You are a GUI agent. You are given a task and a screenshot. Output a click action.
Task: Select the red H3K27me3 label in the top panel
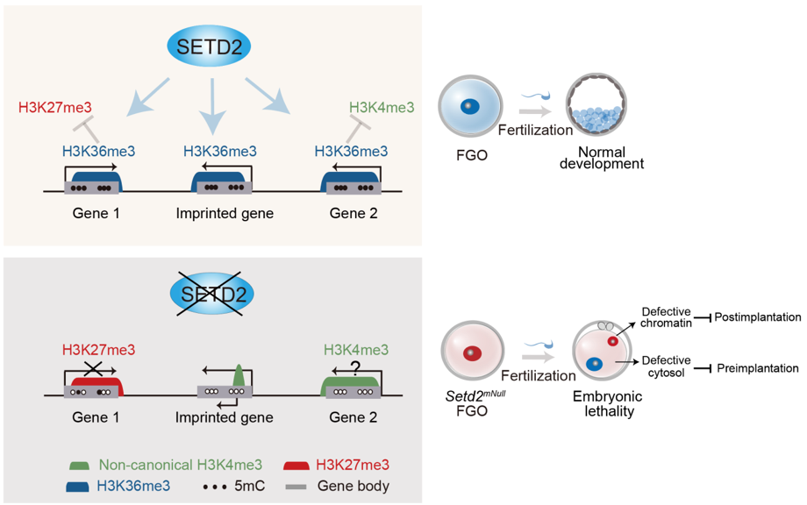pos(55,109)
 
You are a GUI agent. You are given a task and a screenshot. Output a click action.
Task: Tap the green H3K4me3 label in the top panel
pos(382,109)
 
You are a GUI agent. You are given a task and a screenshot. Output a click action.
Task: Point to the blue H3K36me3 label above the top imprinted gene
pos(220,151)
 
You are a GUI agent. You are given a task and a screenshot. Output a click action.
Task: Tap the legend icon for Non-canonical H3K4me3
pos(82,465)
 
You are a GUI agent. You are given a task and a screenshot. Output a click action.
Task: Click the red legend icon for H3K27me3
pos(300,465)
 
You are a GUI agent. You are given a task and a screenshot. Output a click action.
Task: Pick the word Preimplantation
pos(759,368)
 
